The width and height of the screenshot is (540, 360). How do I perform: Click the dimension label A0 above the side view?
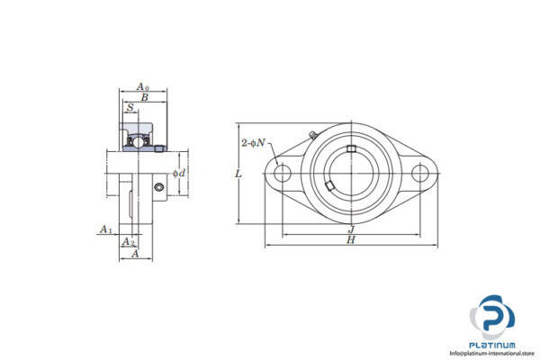point(141,87)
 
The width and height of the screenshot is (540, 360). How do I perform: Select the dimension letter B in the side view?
point(143,97)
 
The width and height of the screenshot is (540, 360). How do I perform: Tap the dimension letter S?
point(131,109)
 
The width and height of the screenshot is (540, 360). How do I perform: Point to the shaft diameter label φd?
point(180,173)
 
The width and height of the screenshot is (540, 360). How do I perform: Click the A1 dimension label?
point(105,230)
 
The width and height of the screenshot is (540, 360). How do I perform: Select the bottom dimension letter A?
point(134,254)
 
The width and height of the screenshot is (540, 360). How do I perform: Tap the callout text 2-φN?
point(253,143)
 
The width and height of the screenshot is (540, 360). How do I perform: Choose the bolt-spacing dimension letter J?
point(350,229)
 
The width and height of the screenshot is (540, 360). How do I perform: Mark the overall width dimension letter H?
point(350,240)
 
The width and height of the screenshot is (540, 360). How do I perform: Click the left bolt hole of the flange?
point(283,173)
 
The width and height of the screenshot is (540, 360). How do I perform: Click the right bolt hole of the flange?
point(419,173)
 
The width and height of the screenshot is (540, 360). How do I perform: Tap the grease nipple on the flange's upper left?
point(310,136)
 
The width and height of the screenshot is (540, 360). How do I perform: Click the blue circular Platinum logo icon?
point(493,318)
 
